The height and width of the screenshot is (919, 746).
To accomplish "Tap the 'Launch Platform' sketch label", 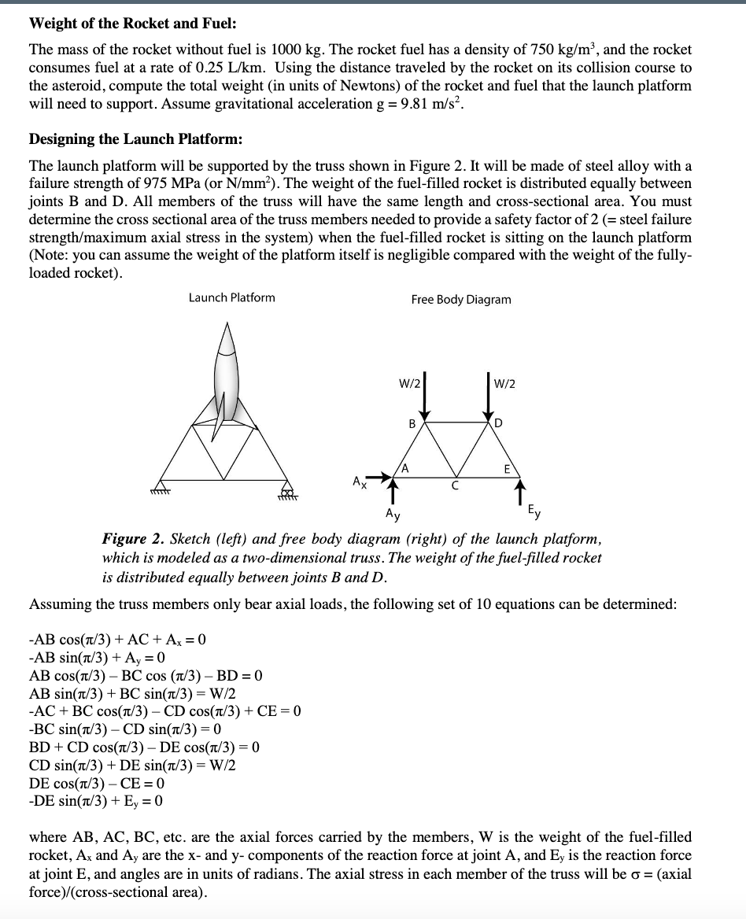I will click(232, 297).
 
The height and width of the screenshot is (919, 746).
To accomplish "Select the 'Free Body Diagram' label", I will click(460, 300).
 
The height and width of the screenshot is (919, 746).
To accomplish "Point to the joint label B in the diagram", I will click(411, 423).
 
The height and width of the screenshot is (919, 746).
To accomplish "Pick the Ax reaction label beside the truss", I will click(358, 479).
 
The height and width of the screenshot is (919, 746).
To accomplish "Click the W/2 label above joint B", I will click(409, 385).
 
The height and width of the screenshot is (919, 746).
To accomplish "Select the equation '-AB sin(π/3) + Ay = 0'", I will click(96, 658).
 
